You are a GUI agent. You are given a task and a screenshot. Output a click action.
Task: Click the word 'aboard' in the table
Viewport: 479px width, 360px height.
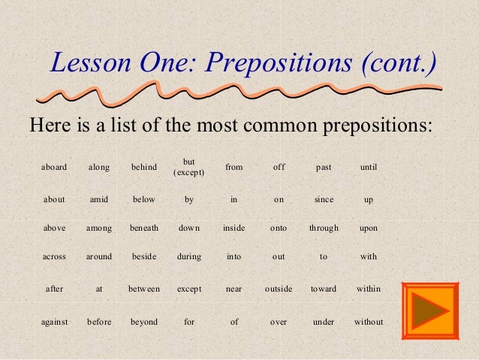[x=53, y=167]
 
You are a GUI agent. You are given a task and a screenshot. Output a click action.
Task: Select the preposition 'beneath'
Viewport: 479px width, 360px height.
[x=144, y=228]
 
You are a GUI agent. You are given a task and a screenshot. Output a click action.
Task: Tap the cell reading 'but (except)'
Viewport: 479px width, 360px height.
[x=189, y=167]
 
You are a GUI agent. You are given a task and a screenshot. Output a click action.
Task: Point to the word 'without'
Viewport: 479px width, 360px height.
[x=369, y=322]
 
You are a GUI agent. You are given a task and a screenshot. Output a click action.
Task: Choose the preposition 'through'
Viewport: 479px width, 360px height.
[x=324, y=228]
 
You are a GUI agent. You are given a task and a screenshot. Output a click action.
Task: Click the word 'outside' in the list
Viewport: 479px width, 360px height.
[x=279, y=289]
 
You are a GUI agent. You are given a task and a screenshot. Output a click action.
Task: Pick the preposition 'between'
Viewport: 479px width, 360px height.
[x=144, y=289]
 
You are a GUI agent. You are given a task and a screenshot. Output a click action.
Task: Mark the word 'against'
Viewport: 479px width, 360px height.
[x=54, y=322]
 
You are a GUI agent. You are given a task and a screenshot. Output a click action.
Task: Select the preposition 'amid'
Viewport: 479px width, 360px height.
[x=99, y=200]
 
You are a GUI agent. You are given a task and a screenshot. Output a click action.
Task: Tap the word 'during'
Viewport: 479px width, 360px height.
[x=189, y=256]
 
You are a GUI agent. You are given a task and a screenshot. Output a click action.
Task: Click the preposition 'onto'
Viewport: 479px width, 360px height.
[x=279, y=228]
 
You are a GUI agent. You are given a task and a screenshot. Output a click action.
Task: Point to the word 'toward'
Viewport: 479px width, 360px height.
[x=324, y=289]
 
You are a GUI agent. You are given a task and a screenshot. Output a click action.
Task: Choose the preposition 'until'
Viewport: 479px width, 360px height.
[x=369, y=167]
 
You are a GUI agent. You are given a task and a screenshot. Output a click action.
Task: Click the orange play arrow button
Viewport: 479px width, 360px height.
[x=430, y=310]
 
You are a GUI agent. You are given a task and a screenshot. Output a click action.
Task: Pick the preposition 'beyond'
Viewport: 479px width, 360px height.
[x=144, y=322]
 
